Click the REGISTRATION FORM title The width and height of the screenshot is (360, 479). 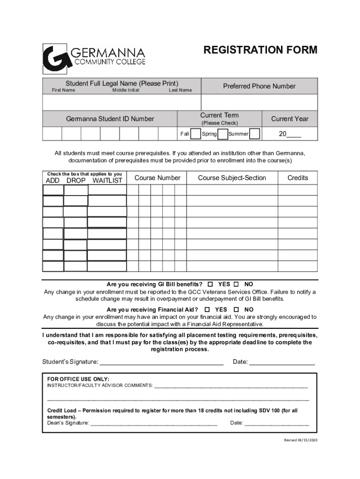tap(260, 50)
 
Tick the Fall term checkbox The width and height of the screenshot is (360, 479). tap(196, 134)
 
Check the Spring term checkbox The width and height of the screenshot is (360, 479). tap(223, 134)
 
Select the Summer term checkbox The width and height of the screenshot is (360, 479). tap(255, 134)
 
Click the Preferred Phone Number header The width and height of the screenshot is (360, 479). tap(259, 86)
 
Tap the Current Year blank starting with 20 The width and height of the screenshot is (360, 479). tap(290, 134)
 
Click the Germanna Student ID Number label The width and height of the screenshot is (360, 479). tap(110, 119)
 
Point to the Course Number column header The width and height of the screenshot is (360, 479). tap(157, 178)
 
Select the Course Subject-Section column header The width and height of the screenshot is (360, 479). tap(232, 178)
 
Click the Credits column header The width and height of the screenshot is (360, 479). tap(297, 178)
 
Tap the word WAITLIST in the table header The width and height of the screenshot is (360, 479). tap(107, 181)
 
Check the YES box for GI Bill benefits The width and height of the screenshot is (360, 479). tap(210, 284)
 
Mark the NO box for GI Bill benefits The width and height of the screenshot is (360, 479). tap(236, 284)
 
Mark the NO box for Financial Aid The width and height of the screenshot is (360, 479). tap(236, 310)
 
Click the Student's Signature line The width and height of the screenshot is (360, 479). tap(161, 362)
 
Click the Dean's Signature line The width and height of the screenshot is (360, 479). tap(153, 423)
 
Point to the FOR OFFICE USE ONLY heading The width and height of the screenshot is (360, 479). tap(79, 378)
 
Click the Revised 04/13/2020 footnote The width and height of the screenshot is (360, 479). tap(301, 441)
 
